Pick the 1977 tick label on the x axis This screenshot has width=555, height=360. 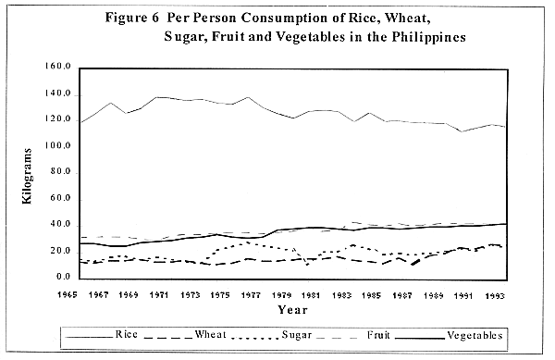click(221, 293)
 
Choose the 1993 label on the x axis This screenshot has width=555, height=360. click(495, 293)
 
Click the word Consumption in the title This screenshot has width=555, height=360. click(287, 19)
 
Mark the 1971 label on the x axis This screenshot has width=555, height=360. click(159, 293)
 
